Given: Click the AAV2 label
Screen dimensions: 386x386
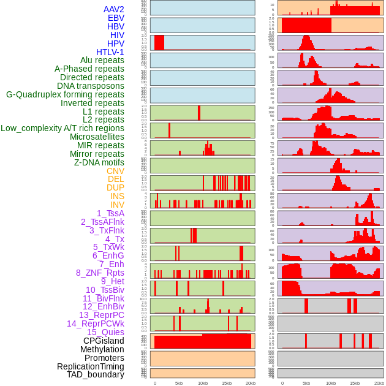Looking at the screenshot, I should [113, 9].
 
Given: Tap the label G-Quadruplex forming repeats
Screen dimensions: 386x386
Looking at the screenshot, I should [65, 94].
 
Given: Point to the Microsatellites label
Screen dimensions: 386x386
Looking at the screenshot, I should [97, 137].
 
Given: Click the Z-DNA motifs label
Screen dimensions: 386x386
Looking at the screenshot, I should [99, 162].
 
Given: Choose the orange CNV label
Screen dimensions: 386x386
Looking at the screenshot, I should [115, 171].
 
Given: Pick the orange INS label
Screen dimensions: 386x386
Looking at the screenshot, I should [117, 196].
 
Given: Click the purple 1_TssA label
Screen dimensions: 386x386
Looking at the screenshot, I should [110, 213].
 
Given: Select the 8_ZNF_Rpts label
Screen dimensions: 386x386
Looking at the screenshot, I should [100, 273].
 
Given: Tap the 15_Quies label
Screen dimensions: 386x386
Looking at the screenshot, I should [105, 332].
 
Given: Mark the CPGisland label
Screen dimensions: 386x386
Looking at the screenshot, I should [104, 341].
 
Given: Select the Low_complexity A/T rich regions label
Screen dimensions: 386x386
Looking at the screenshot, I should [62, 128].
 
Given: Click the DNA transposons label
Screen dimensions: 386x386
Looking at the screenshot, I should [91, 86].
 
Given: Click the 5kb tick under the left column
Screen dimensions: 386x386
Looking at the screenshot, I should [179, 383].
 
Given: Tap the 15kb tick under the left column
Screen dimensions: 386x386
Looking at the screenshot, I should [227, 383].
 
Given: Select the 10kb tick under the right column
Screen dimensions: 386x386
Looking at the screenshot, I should [331, 383].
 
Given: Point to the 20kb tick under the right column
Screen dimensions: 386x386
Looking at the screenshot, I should [379, 383].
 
